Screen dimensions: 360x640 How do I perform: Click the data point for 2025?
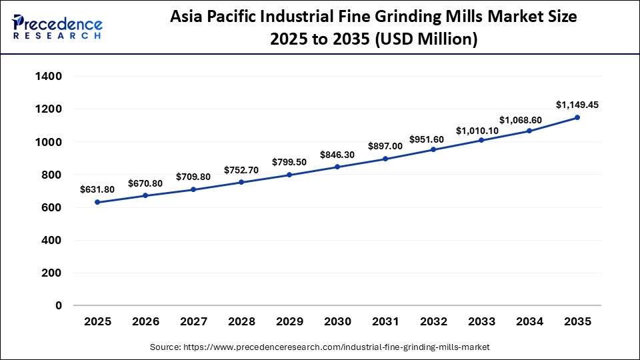97,202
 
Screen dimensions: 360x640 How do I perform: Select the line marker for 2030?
337,167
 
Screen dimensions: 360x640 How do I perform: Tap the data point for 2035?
577,117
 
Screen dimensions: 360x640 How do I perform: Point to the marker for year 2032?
433,149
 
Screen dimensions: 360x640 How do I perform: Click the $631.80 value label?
97,189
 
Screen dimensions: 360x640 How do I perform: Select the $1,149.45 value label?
577,105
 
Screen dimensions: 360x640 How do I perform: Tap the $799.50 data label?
289,162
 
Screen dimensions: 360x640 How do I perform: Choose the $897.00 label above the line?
385,146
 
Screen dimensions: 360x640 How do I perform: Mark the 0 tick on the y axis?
59,305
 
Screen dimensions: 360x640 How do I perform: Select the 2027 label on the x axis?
193,321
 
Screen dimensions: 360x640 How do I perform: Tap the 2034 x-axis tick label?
529,321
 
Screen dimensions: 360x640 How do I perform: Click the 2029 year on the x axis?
289,321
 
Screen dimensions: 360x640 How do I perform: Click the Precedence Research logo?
57,27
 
